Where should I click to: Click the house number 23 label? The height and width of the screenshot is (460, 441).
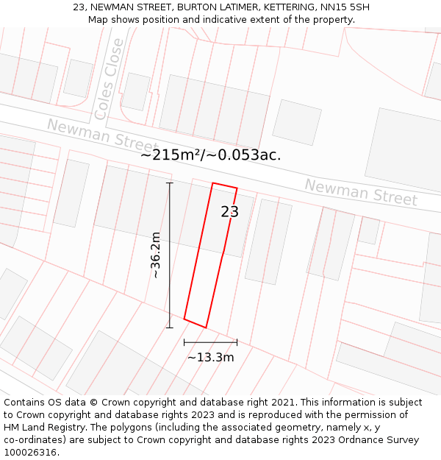(229, 212)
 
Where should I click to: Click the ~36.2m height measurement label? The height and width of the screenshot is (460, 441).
(156, 255)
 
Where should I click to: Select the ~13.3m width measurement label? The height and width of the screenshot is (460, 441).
(210, 358)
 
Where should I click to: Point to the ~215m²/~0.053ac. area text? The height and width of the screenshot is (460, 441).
(210, 155)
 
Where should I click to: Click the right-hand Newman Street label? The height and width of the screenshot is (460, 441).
(361, 192)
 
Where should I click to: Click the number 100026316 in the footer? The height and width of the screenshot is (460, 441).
(29, 453)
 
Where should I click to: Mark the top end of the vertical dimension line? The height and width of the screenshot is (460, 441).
(170, 183)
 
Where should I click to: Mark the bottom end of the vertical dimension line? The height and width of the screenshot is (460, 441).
(170, 328)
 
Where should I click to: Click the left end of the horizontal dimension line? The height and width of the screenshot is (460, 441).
(184, 342)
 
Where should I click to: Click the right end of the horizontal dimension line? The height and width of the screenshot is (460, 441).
(237, 342)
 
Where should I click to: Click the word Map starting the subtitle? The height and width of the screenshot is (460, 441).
(98, 20)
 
